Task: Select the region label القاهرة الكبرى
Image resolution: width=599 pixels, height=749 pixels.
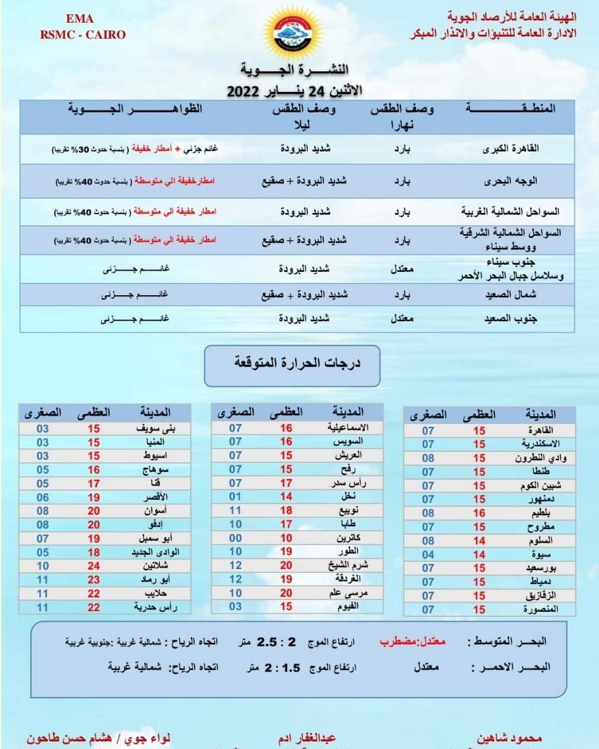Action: (511, 149)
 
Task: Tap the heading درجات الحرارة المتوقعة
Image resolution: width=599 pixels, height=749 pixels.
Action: (292, 363)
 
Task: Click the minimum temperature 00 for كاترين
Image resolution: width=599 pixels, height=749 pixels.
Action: (235, 538)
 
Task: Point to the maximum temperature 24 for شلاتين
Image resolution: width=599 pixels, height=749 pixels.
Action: (94, 566)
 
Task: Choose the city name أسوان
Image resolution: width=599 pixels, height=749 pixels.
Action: (157, 511)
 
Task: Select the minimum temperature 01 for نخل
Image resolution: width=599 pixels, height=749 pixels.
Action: (235, 497)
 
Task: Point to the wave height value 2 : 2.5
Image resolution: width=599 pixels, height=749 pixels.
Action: (276, 642)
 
